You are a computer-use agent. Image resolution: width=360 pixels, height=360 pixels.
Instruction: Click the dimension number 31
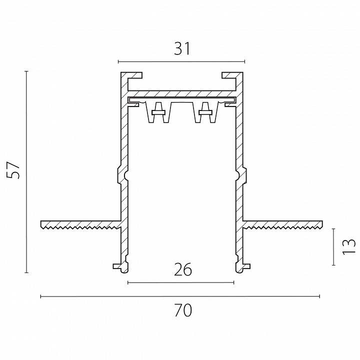click(182, 49)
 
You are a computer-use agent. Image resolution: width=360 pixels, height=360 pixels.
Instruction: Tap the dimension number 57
click(13, 170)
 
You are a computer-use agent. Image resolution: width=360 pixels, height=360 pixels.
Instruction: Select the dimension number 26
click(183, 269)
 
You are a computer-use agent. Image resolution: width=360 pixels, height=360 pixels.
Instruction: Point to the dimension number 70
click(183, 310)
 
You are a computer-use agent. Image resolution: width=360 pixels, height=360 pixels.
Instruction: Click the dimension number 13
click(349, 247)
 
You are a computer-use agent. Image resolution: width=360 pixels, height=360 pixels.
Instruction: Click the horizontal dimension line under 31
click(181, 61)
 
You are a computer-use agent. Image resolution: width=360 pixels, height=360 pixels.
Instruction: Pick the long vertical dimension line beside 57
click(26, 172)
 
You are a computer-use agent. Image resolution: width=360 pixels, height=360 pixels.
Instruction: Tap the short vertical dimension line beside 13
click(333, 247)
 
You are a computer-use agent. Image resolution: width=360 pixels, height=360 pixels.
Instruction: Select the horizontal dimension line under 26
click(180, 282)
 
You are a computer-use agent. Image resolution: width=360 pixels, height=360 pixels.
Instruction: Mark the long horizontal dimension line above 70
click(180, 296)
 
